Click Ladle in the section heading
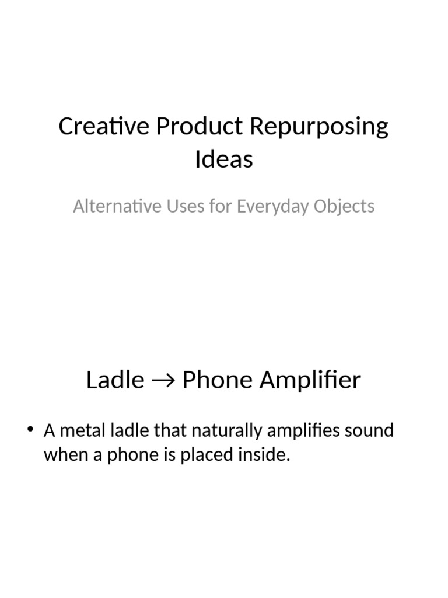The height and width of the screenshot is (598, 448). point(115,380)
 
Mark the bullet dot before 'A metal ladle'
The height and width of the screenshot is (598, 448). point(31,431)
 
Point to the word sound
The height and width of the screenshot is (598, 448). point(367,431)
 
